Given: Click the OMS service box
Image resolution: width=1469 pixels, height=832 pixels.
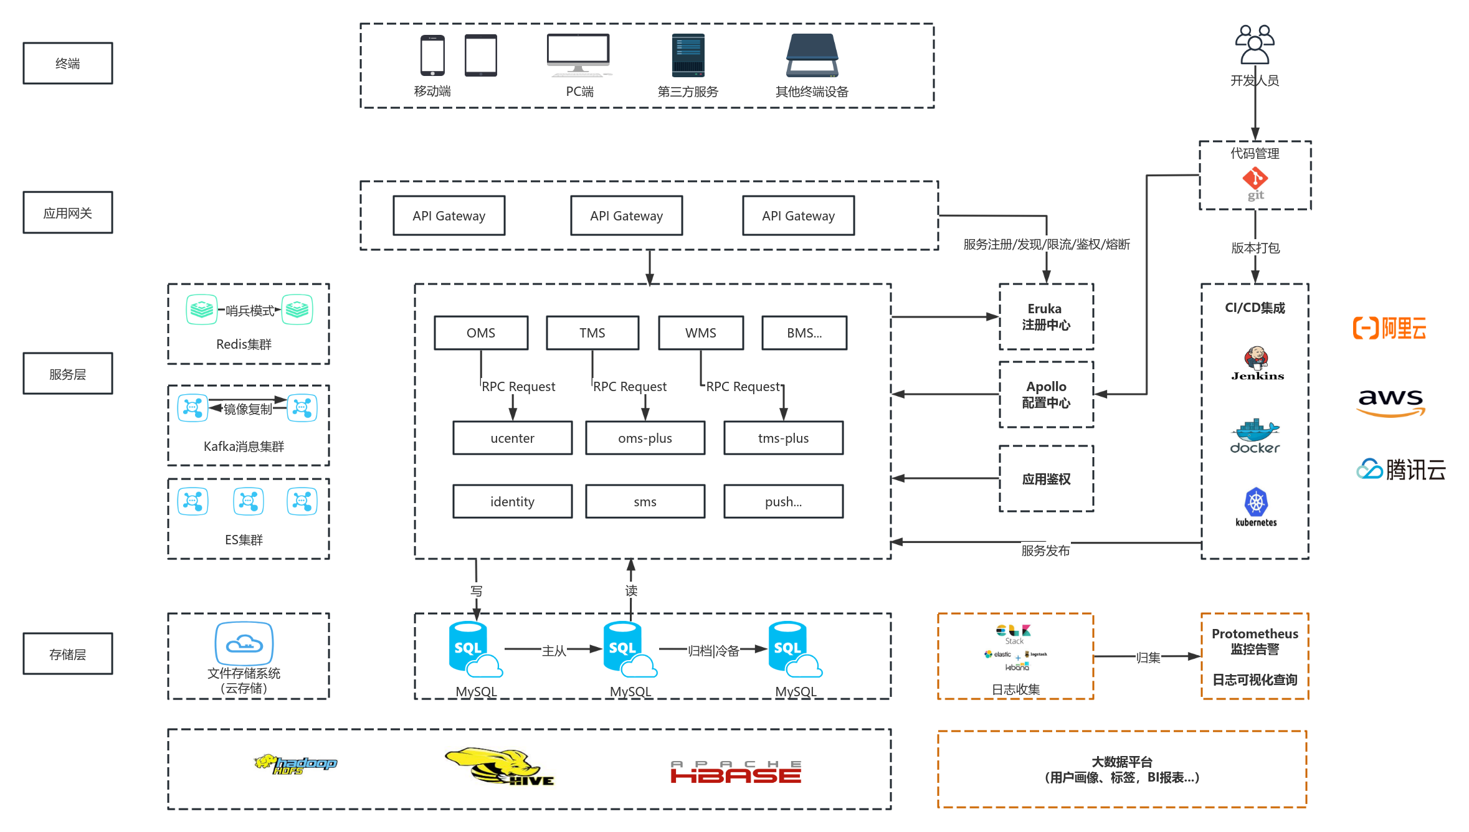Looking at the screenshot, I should (481, 333).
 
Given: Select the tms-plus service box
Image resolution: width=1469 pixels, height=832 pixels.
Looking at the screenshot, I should (783, 438).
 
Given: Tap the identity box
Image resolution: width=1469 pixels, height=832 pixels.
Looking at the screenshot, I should (512, 501).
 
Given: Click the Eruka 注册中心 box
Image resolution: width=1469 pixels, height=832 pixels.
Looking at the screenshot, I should (1046, 317).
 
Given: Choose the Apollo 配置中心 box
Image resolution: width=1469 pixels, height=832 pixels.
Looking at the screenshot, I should (1046, 394).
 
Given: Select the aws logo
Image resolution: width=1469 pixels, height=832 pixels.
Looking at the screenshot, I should (1391, 402).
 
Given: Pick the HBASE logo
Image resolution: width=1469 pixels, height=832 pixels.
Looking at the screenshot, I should (736, 772).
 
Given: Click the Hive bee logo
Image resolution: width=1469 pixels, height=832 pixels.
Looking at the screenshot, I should (498, 766).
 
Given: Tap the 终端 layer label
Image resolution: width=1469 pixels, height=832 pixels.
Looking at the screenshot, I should (68, 63).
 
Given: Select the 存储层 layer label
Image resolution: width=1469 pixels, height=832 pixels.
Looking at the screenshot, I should (68, 654).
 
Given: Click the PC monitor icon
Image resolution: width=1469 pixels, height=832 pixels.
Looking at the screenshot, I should (578, 55).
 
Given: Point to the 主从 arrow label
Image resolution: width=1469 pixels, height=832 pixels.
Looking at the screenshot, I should (554, 651).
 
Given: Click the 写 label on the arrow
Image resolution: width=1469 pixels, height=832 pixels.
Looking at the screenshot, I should (477, 590).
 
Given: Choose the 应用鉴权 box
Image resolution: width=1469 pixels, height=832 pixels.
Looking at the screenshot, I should (1046, 479).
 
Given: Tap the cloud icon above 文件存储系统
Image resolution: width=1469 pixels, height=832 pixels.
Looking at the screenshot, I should (244, 643).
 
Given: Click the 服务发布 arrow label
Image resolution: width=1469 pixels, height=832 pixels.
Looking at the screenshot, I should (1045, 551).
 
